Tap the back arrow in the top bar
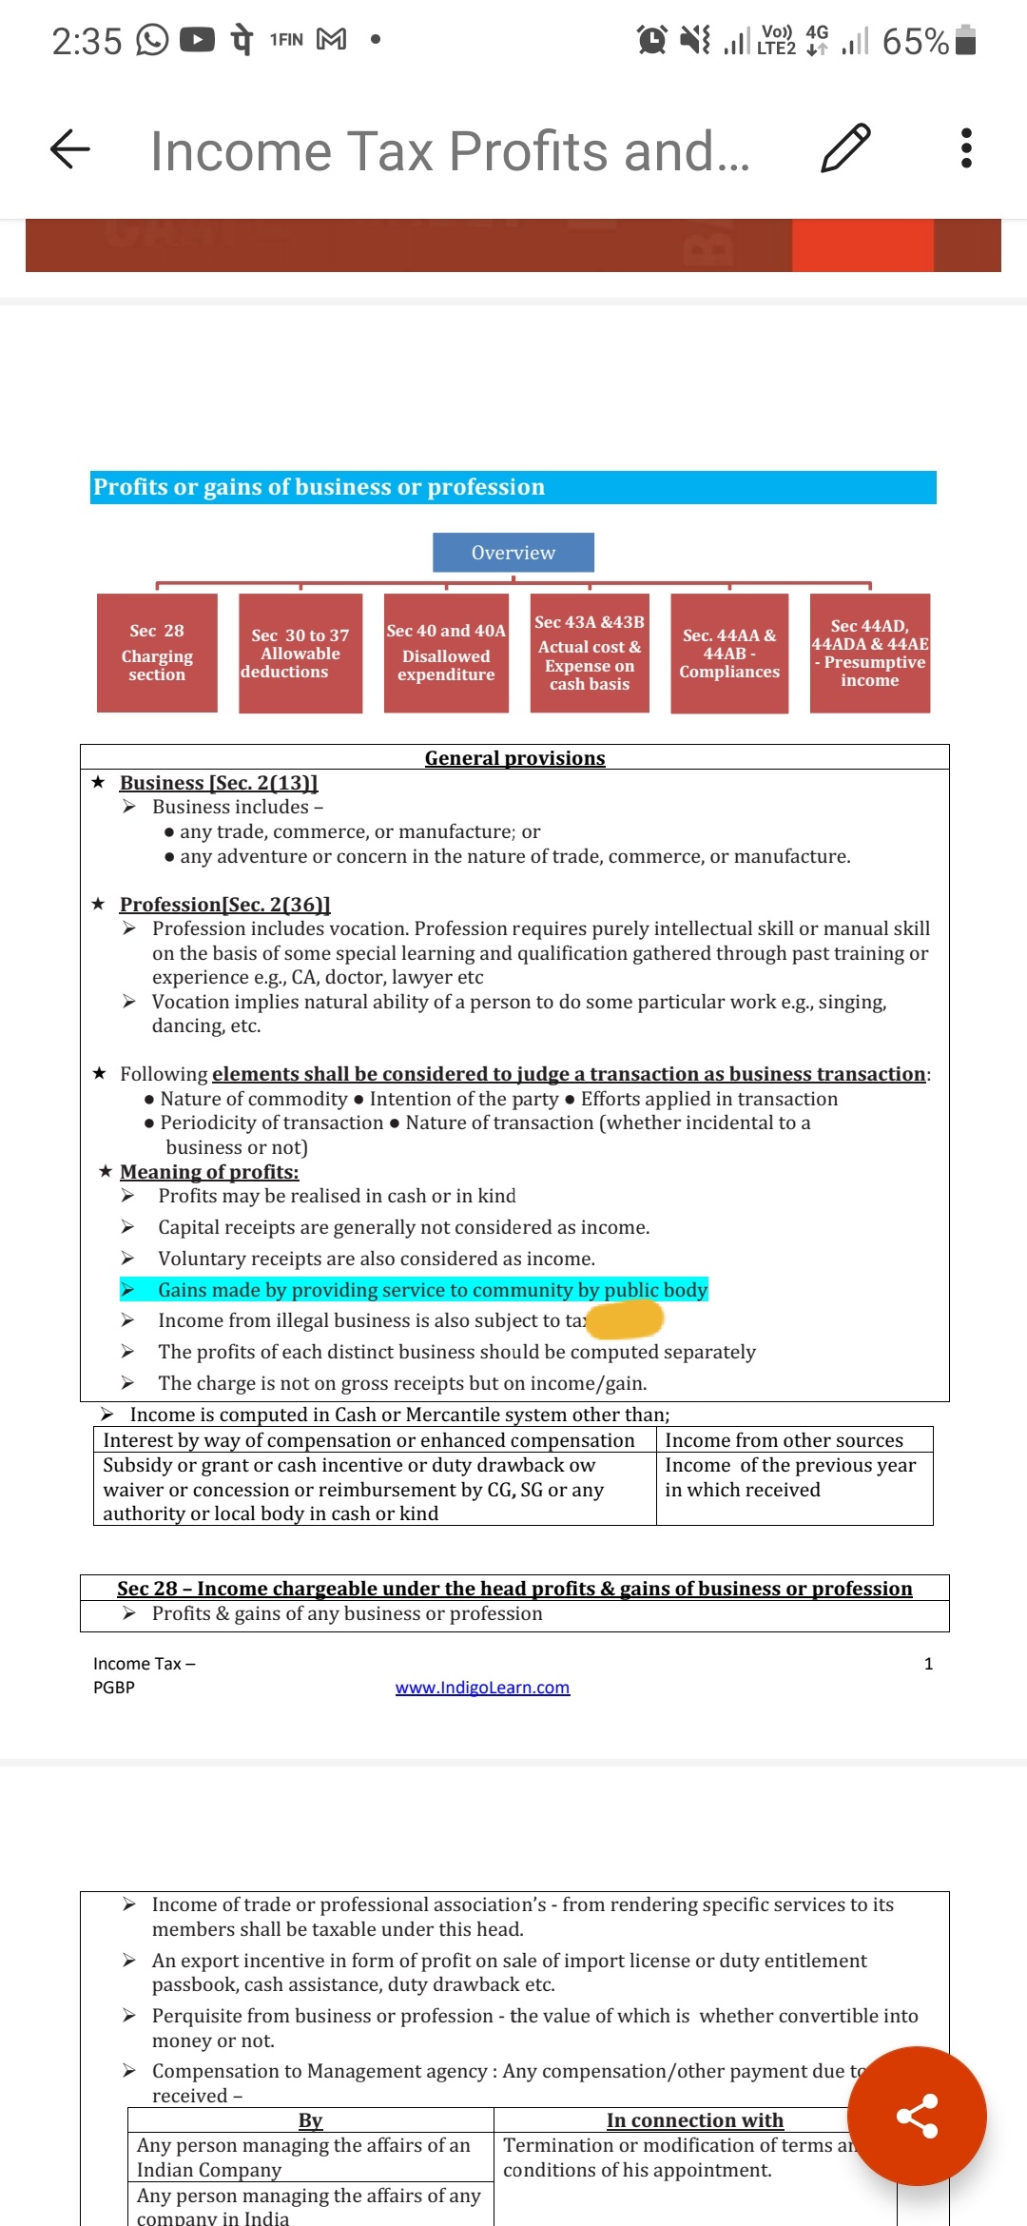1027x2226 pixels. (x=69, y=149)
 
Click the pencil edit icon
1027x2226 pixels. (x=844, y=148)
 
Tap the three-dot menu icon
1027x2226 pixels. (x=966, y=148)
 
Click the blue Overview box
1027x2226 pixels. (x=513, y=553)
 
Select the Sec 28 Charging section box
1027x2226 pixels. (x=157, y=653)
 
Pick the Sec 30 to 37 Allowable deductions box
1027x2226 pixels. (x=300, y=653)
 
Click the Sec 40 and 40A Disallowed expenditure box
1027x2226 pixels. (x=446, y=653)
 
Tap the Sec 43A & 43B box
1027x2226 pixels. (x=590, y=653)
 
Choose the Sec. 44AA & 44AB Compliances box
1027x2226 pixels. (x=729, y=653)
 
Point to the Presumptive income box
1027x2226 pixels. (x=869, y=653)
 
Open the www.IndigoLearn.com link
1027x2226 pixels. (x=482, y=1688)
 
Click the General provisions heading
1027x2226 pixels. (x=514, y=758)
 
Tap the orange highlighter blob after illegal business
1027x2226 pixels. (x=625, y=1320)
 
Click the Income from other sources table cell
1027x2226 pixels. (x=785, y=1440)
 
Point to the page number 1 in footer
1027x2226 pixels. (x=928, y=1664)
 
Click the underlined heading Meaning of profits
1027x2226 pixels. (x=209, y=1172)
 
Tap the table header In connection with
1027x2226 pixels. (x=695, y=2120)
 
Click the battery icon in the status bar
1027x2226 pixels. (x=965, y=41)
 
